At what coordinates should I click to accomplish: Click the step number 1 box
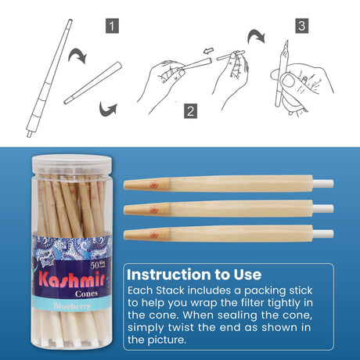113,27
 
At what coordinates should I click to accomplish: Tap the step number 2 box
190,110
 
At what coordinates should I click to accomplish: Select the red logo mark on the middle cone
153,209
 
